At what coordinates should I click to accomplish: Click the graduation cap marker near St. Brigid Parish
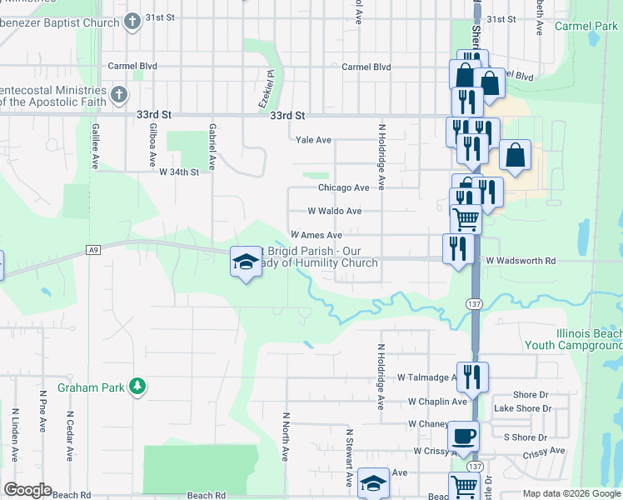(245, 262)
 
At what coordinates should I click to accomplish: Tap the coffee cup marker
(462, 435)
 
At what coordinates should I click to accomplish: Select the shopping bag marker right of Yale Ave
(515, 155)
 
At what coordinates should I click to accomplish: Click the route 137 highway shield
(472, 305)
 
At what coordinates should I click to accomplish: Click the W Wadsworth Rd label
(521, 261)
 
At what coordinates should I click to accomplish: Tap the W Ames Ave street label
(316, 236)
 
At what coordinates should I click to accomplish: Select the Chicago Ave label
(343, 188)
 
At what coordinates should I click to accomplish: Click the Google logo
(27, 490)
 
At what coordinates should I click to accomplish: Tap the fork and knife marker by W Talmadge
(472, 377)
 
